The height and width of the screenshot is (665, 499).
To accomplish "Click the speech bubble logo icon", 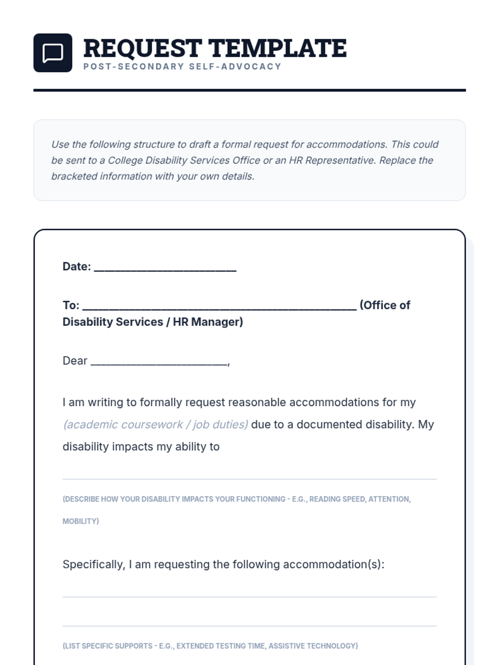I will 53,53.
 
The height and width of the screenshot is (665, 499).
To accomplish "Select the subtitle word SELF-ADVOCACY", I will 235,66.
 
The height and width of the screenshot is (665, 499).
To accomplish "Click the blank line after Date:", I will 165,268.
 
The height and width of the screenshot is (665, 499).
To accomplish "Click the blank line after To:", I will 219,306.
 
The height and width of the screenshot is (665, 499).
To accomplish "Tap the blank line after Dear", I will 159,362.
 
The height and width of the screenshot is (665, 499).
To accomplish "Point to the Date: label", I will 77,266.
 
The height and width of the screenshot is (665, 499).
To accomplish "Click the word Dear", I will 75,361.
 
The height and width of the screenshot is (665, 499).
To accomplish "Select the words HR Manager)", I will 208,322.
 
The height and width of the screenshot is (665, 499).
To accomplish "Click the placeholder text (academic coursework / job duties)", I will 155,424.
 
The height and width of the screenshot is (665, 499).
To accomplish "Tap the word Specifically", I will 94,564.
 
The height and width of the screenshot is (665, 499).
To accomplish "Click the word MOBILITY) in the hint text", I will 81,521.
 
